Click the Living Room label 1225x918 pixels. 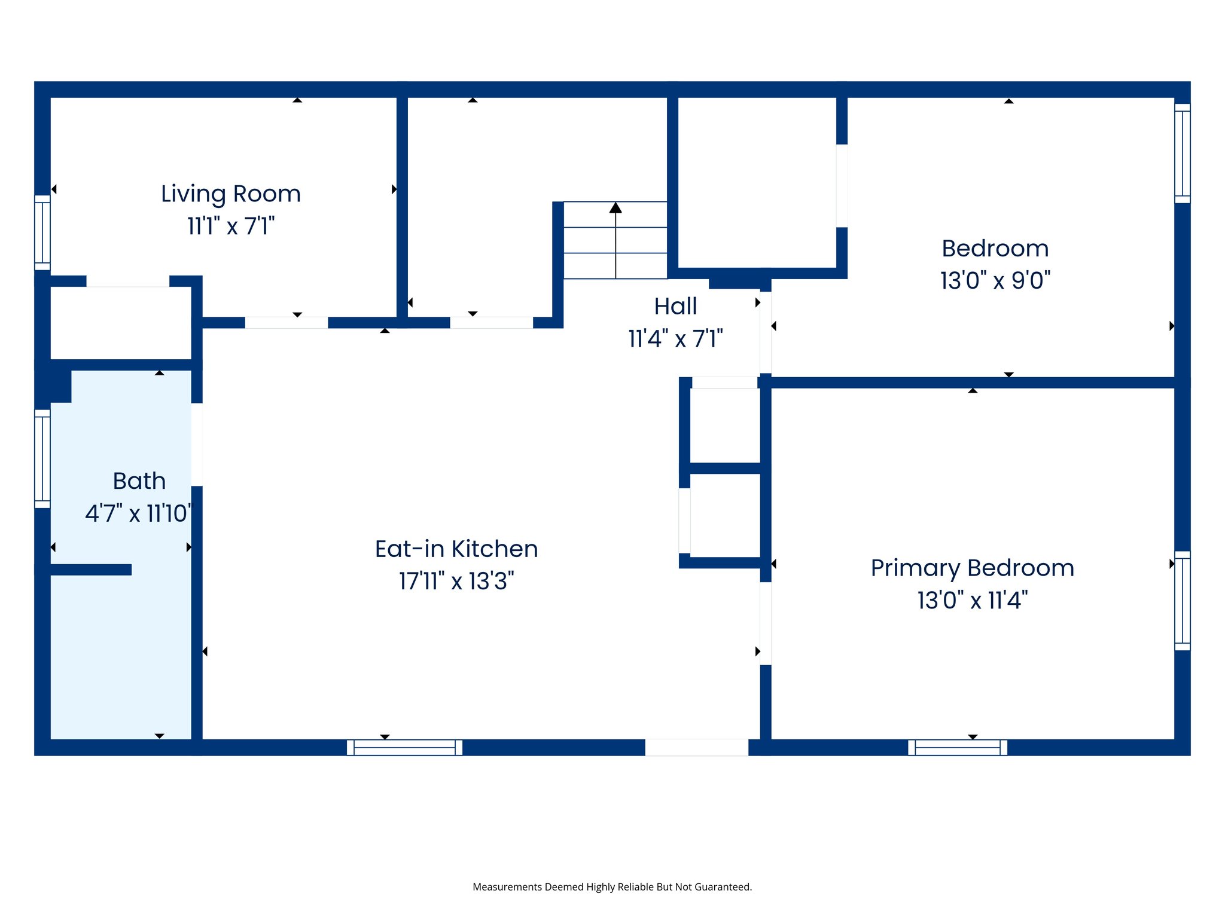[x=230, y=194]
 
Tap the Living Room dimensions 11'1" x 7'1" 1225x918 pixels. [x=231, y=227]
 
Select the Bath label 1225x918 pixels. [x=139, y=481]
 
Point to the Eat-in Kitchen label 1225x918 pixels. [x=456, y=549]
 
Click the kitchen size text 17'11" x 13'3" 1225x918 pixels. [x=456, y=581]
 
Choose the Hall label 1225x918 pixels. [x=675, y=307]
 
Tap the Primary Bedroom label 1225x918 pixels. [x=972, y=568]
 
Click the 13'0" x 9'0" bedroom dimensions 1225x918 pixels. [x=995, y=280]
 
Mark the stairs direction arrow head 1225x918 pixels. [x=615, y=207]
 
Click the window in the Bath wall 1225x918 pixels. [x=42, y=458]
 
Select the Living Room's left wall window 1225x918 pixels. [x=42, y=232]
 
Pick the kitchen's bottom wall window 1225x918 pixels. [x=404, y=747]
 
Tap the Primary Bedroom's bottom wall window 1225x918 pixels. [x=957, y=747]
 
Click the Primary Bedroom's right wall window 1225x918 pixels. [x=1182, y=600]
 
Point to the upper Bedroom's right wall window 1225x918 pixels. [x=1182, y=154]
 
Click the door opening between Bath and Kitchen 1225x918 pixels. [x=197, y=445]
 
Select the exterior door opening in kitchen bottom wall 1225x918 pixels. [x=696, y=747]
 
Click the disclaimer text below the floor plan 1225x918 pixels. [x=612, y=887]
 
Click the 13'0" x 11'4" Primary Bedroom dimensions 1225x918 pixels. [x=972, y=600]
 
